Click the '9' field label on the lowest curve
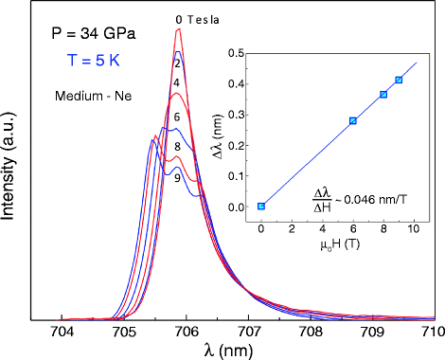point(177,177)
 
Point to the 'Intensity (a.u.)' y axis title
point(11,174)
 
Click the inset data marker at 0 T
point(261,206)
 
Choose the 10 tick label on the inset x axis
point(414,229)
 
